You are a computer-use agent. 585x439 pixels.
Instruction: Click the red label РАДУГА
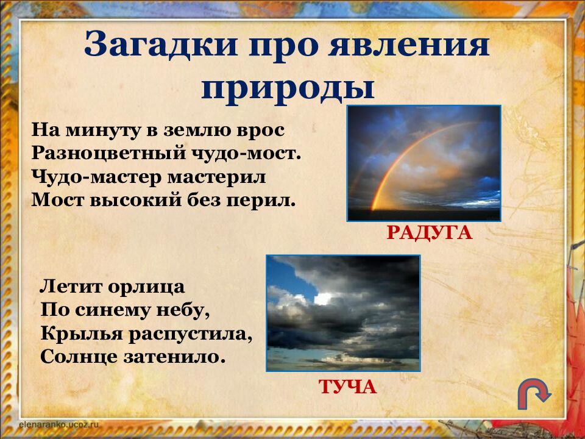click(x=430, y=232)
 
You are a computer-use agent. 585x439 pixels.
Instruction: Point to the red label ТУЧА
click(x=347, y=387)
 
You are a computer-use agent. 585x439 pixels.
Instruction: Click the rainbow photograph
click(x=424, y=163)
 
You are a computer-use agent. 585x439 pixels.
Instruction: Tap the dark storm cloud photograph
click(x=343, y=313)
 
